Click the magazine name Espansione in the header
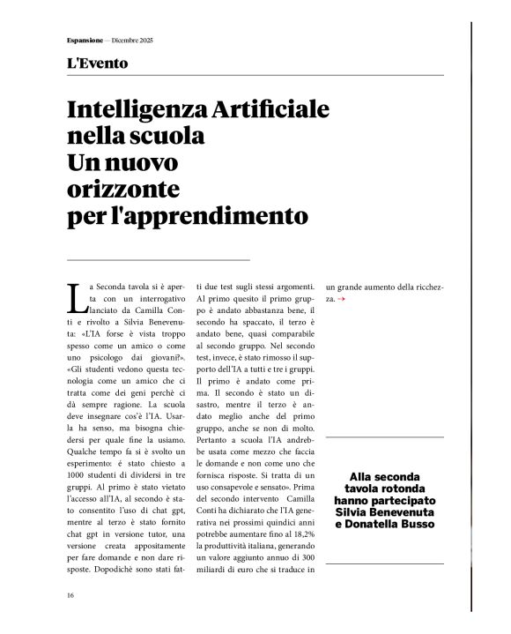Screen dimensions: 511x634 coord(85,41)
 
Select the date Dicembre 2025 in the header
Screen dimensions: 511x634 coord(130,41)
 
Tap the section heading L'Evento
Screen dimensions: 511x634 coord(97,63)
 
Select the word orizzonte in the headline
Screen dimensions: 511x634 coord(123,189)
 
